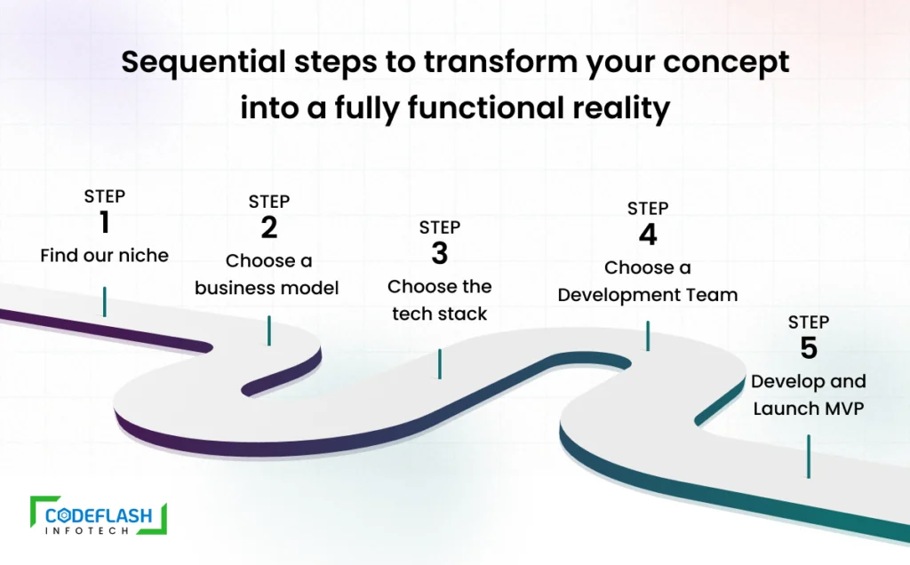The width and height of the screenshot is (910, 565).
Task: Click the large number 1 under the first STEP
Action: point(105,222)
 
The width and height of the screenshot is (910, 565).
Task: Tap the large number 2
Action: point(268,227)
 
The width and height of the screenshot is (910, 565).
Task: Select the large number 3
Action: point(439,253)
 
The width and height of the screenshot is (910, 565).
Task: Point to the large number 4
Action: point(648,235)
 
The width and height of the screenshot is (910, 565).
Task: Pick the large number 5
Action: point(809,348)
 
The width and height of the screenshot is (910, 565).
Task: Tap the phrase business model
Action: point(267,288)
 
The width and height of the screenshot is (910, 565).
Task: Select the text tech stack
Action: point(439,314)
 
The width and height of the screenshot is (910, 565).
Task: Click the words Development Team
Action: point(648,295)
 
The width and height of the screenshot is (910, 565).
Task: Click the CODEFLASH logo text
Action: point(99,515)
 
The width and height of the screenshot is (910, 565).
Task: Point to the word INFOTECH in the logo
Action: point(86,530)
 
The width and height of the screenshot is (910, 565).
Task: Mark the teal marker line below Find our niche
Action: point(105,302)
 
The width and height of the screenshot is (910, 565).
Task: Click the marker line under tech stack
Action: point(439,363)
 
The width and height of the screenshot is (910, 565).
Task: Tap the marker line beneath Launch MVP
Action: point(809,456)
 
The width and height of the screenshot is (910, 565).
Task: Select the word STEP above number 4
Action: point(648,208)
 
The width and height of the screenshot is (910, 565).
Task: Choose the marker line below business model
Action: point(268,330)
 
